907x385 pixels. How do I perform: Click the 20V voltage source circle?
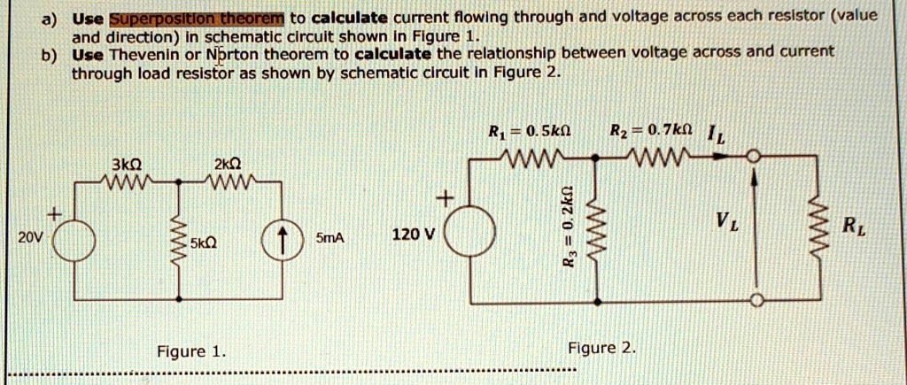(x=74, y=239)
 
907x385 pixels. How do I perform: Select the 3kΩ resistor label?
(x=128, y=164)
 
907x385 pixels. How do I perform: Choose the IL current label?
(x=716, y=135)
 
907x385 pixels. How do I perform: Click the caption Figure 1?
(x=190, y=351)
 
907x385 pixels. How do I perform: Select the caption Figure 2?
(x=602, y=347)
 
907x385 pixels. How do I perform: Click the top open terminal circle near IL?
(x=754, y=158)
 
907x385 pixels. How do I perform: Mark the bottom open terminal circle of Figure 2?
(x=755, y=301)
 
